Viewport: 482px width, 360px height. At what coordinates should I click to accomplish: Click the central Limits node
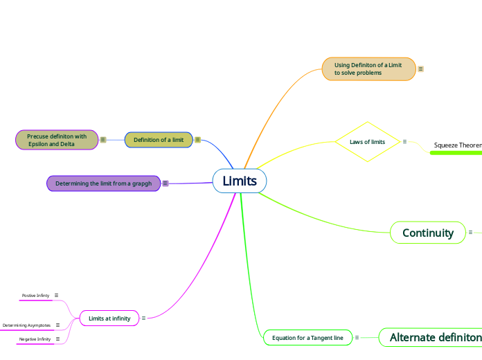point(240,181)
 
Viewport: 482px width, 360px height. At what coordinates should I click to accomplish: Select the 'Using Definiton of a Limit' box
point(368,69)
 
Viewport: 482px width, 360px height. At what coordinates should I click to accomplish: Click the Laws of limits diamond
point(367,142)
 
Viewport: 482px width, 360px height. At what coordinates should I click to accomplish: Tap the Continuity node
point(428,233)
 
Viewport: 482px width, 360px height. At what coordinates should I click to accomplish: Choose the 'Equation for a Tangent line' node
point(307,338)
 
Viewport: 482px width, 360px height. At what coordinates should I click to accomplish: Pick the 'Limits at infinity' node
point(109,318)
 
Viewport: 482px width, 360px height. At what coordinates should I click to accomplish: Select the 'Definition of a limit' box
point(159,140)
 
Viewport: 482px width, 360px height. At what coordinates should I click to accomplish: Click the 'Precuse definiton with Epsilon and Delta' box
point(57,140)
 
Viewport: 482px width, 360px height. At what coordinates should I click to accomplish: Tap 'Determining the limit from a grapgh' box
point(103,183)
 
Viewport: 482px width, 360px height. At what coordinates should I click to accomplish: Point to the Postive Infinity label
point(35,296)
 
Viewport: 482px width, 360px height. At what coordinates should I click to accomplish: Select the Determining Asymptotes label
point(26,325)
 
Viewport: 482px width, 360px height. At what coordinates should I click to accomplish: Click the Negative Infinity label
point(35,339)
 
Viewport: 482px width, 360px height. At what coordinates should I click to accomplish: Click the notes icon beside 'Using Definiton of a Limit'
point(421,69)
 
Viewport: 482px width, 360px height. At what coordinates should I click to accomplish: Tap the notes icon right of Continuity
point(470,233)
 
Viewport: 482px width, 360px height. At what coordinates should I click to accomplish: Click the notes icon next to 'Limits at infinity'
point(143,318)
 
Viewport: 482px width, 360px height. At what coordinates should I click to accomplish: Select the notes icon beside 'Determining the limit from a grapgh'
point(166,183)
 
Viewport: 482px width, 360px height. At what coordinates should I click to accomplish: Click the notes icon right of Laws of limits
point(404,142)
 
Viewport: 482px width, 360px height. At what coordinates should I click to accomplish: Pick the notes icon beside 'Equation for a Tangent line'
point(357,338)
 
